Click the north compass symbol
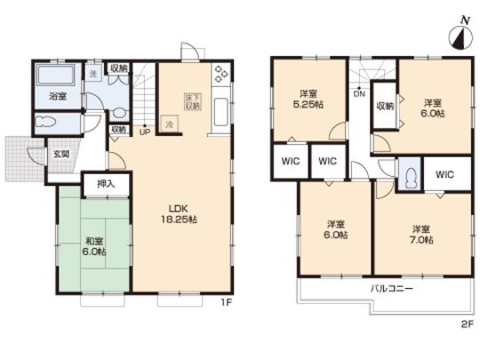tap(460, 36)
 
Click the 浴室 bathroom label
tap(55, 96)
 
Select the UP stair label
tap(144, 133)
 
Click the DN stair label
tap(358, 92)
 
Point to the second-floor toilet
tap(408, 176)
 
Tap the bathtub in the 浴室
tap(56, 78)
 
